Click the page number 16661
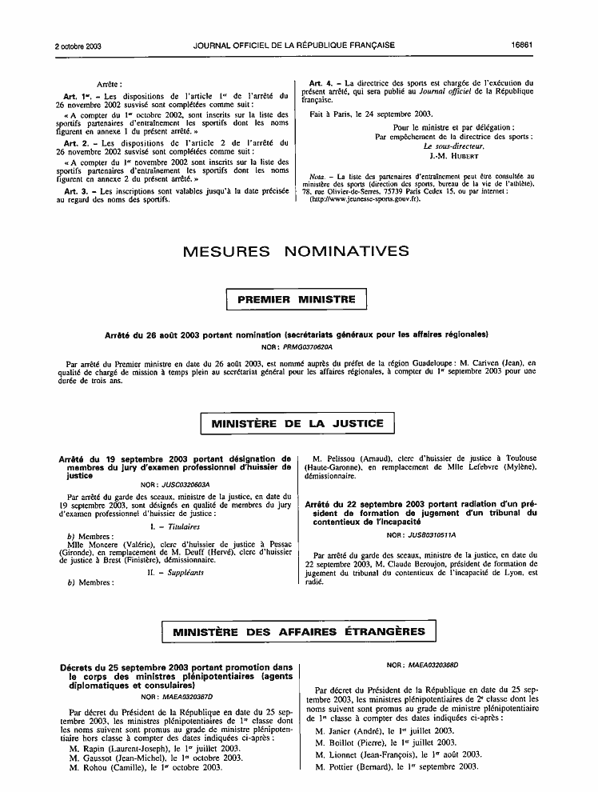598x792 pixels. tap(523, 46)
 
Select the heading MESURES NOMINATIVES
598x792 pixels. tap(297, 252)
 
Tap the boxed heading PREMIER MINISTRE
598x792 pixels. tap(297, 299)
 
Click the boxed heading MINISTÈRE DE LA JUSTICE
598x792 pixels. tap(297, 423)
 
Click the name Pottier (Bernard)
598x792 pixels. tap(373, 767)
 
